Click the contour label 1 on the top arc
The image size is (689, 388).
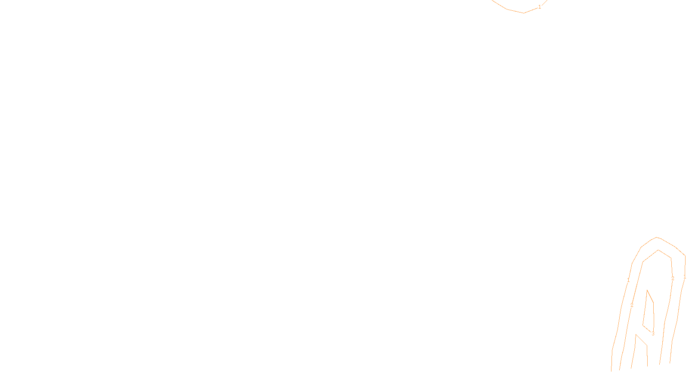[540, 7]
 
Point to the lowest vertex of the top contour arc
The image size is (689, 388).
[524, 13]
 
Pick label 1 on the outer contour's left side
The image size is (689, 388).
[628, 280]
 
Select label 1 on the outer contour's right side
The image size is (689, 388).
[685, 277]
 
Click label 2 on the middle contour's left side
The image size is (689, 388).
[632, 305]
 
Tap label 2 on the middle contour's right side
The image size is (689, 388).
[673, 278]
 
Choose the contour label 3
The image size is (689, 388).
[653, 334]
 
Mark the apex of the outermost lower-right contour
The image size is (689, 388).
[657, 237]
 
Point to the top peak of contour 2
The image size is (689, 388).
[658, 250]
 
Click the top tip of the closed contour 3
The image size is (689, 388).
[647, 290]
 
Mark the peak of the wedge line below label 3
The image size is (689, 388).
[636, 334]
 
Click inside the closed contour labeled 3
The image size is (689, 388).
[649, 313]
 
